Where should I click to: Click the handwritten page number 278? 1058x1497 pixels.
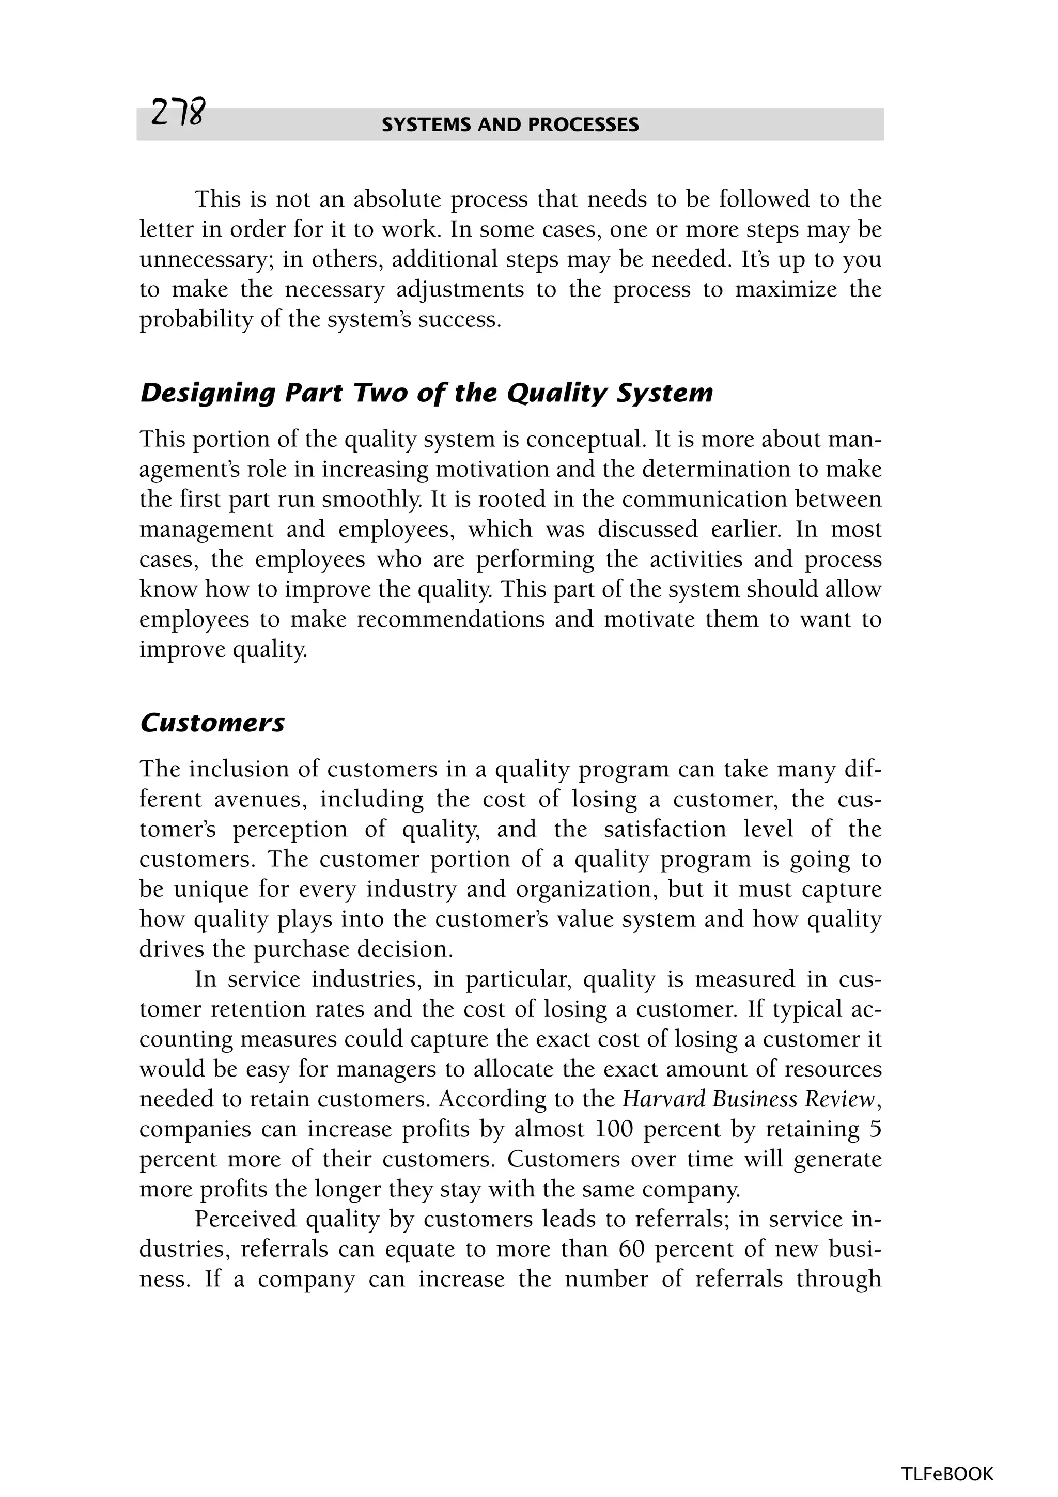coord(177,114)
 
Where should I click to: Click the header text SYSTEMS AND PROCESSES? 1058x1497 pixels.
coord(510,125)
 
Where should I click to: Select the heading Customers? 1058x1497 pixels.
coord(212,723)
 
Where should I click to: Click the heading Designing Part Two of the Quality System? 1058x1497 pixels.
coord(426,393)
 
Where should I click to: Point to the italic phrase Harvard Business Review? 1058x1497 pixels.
coord(748,1099)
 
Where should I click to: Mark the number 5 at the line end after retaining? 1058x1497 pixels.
coord(875,1129)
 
